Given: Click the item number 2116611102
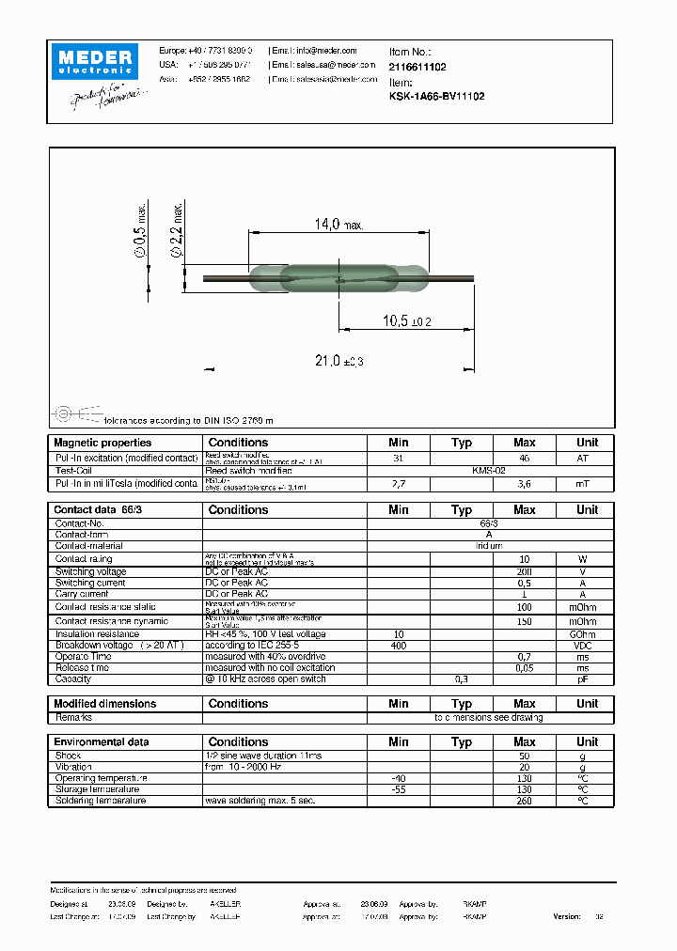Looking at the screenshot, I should pyautogui.click(x=417, y=68).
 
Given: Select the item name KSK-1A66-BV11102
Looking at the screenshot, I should pyautogui.click(x=436, y=97).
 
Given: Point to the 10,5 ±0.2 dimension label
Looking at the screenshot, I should pyautogui.click(x=407, y=321).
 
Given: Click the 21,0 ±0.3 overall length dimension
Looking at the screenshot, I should pyautogui.click(x=337, y=361).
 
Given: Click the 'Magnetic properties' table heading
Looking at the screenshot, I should pyautogui.click(x=102, y=443).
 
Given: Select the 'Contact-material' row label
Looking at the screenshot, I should pyautogui.click(x=89, y=546).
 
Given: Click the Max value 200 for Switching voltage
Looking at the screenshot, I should pyautogui.click(x=525, y=571).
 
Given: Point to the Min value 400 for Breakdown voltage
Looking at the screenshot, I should pyautogui.click(x=399, y=646).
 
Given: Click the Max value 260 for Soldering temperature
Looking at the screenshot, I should pyautogui.click(x=525, y=801).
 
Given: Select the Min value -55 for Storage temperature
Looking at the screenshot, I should pyautogui.click(x=399, y=789).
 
